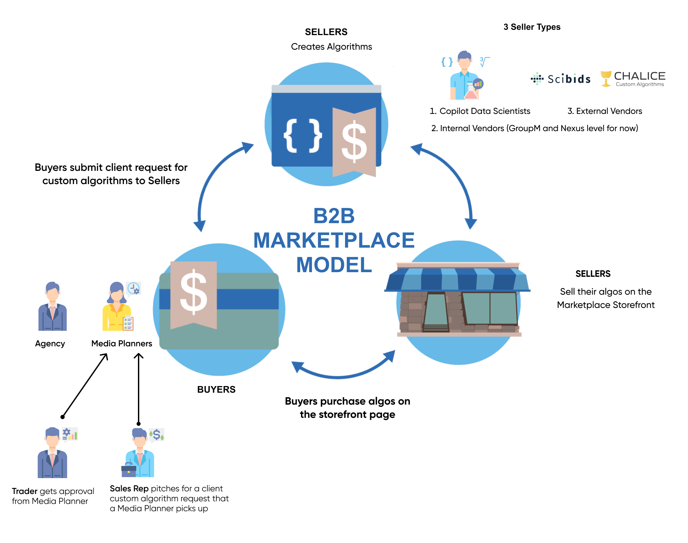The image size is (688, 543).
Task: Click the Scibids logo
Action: pyautogui.click(x=561, y=79)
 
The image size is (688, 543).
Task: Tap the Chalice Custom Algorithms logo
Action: pyautogui.click(x=633, y=79)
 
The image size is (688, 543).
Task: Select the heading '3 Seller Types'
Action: pyautogui.click(x=532, y=27)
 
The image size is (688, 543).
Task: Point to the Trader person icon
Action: pyautogui.click(x=52, y=453)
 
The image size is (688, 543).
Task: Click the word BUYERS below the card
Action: pyautogui.click(x=216, y=389)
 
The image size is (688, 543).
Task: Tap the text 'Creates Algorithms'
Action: pyautogui.click(x=331, y=47)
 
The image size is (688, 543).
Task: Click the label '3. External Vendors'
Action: pyautogui.click(x=605, y=111)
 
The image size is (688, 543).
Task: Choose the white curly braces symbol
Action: pyautogui.click(x=302, y=136)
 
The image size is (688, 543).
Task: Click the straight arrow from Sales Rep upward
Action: pyautogui.click(x=139, y=387)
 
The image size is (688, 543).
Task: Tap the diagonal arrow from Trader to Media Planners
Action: pyautogui.click(x=85, y=385)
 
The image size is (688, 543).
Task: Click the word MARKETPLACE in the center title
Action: pyautogui.click(x=334, y=240)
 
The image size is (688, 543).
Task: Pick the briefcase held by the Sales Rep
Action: pyautogui.click(x=129, y=469)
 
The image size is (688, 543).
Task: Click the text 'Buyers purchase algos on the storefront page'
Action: pyautogui.click(x=347, y=408)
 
